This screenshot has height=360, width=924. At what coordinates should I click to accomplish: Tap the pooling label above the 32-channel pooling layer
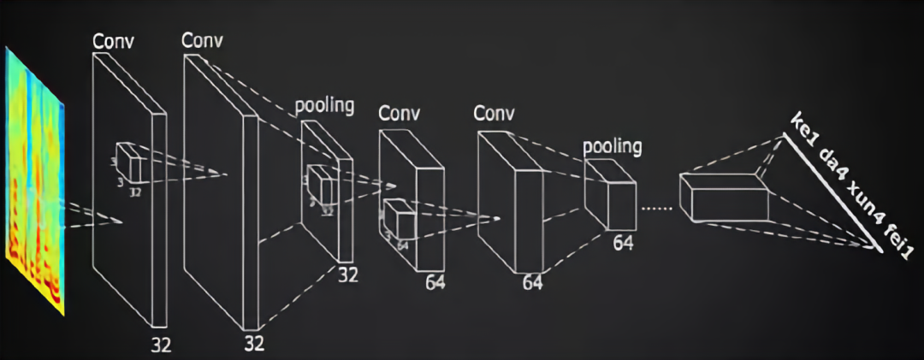(x=324, y=106)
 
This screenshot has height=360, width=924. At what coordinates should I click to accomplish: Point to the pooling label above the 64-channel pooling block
(x=612, y=146)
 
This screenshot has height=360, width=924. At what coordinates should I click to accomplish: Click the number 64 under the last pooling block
(x=623, y=245)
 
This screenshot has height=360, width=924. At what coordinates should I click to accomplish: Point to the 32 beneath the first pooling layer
(x=346, y=275)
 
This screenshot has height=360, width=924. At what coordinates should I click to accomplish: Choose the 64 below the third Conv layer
(x=435, y=280)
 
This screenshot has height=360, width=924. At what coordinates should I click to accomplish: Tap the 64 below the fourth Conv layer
(x=533, y=281)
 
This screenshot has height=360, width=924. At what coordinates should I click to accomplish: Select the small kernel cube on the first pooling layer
(x=320, y=183)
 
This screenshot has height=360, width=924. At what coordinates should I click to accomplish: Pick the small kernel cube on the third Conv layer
(x=399, y=221)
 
